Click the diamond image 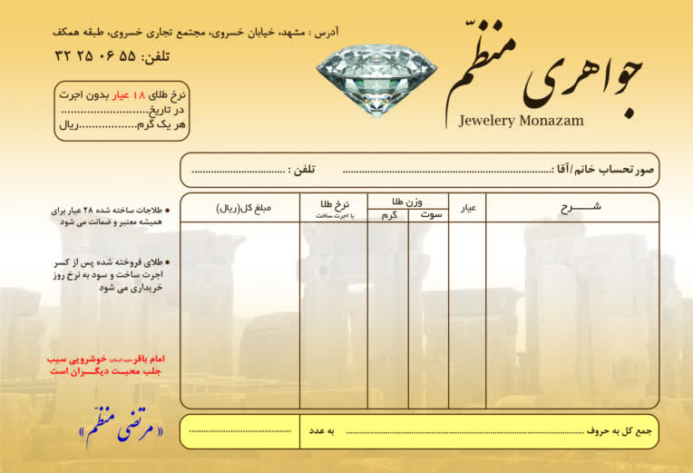(x=376, y=69)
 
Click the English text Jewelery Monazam (x=521, y=120)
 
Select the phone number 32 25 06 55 (x=95, y=55)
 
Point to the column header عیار (x=468, y=209)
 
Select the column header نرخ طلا (x=334, y=204)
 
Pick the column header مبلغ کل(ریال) (x=244, y=208)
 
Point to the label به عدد (x=324, y=430)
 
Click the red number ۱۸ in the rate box (x=139, y=95)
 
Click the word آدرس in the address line (x=324, y=33)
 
